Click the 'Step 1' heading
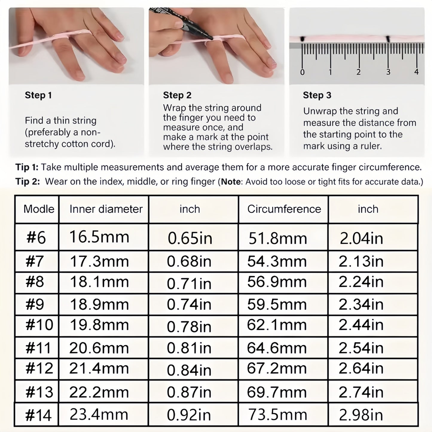tap(38, 95)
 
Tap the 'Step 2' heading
tap(177, 95)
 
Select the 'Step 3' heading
tap(317, 95)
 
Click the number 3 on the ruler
tap(388, 72)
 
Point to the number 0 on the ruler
tap(303, 72)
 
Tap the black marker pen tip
tap(211, 38)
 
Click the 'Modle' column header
tap(39, 209)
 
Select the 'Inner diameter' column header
tap(106, 209)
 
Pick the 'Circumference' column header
tap(284, 209)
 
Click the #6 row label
tap(36, 238)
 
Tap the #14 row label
tap(38, 416)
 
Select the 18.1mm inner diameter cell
tap(99, 282)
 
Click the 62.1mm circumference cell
tap(277, 325)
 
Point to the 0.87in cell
tap(189, 392)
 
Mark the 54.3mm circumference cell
tap(277, 261)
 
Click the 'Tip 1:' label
tap(27, 167)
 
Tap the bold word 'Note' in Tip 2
tap(231, 181)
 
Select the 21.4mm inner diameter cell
tap(99, 368)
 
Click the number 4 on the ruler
tap(416, 72)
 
